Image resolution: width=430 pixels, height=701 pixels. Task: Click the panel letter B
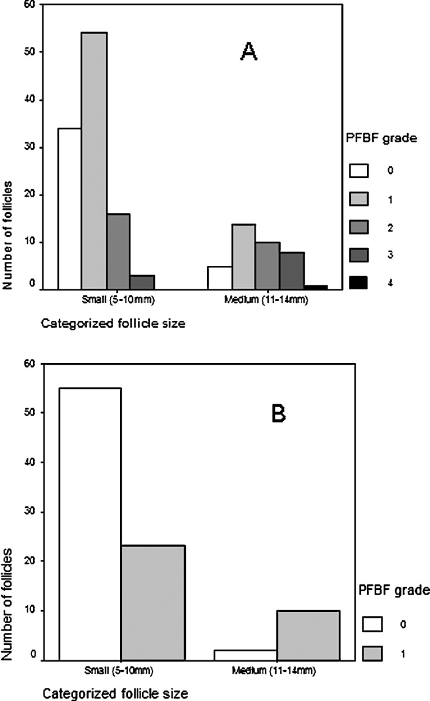click(x=278, y=413)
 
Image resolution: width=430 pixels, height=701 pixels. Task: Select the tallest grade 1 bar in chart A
click(x=94, y=161)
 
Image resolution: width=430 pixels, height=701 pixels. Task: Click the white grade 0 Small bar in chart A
click(x=70, y=209)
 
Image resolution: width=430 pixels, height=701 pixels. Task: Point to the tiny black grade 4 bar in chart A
click(x=316, y=288)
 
